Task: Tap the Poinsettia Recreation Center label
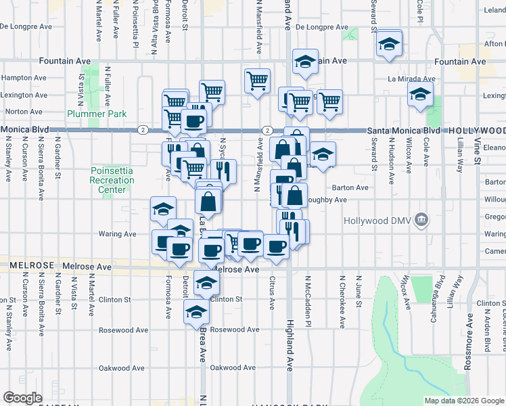112,180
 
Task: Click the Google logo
22,398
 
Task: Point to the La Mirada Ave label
411,78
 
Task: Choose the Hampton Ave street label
24,78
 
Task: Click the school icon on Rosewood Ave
196,312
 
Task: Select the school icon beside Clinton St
206,283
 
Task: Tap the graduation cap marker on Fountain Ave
306,61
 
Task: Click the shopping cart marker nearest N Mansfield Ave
257,81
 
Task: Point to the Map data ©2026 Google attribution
465,401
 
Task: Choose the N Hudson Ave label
391,161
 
